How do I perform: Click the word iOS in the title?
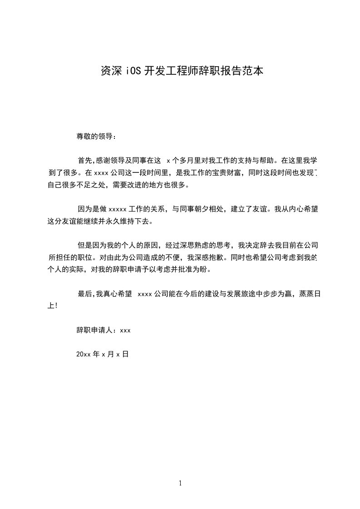132,71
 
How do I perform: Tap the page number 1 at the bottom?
180,483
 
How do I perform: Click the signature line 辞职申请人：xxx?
104,331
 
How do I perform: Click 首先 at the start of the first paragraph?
85,160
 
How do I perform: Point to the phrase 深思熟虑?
190,245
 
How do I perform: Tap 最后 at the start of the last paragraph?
85,294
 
